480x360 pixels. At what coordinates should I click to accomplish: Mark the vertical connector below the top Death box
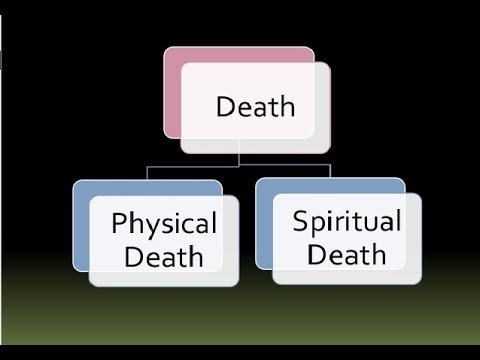pyautogui.click(x=239, y=155)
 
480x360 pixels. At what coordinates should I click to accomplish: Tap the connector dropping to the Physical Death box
pyautogui.click(x=147, y=173)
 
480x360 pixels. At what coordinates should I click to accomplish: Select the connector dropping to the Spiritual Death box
pyautogui.click(x=330, y=172)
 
